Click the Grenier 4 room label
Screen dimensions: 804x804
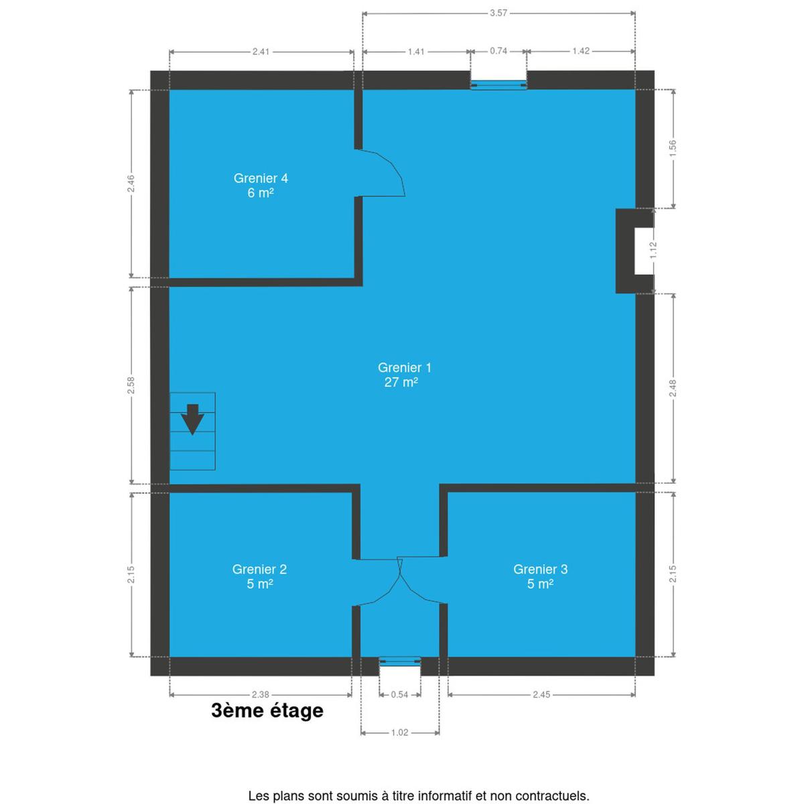point(261,185)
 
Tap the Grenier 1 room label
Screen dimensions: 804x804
point(404,375)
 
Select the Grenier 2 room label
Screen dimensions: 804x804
point(259,576)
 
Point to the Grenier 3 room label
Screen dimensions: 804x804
point(540,576)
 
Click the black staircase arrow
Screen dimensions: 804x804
point(192,419)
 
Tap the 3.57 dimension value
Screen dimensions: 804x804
point(498,13)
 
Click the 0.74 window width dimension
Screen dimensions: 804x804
point(498,51)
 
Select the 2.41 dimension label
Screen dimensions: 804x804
point(261,52)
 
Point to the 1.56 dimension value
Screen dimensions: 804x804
point(672,149)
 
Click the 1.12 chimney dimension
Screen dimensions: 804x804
point(653,251)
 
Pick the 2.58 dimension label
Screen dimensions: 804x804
point(131,385)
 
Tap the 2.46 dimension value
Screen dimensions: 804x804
point(131,184)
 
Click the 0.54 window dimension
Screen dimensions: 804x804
point(399,695)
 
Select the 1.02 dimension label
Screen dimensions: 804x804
point(399,733)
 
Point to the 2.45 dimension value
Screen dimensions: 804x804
point(541,695)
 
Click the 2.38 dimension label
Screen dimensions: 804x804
point(261,695)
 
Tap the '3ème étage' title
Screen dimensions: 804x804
point(267,711)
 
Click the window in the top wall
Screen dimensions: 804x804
point(498,85)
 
